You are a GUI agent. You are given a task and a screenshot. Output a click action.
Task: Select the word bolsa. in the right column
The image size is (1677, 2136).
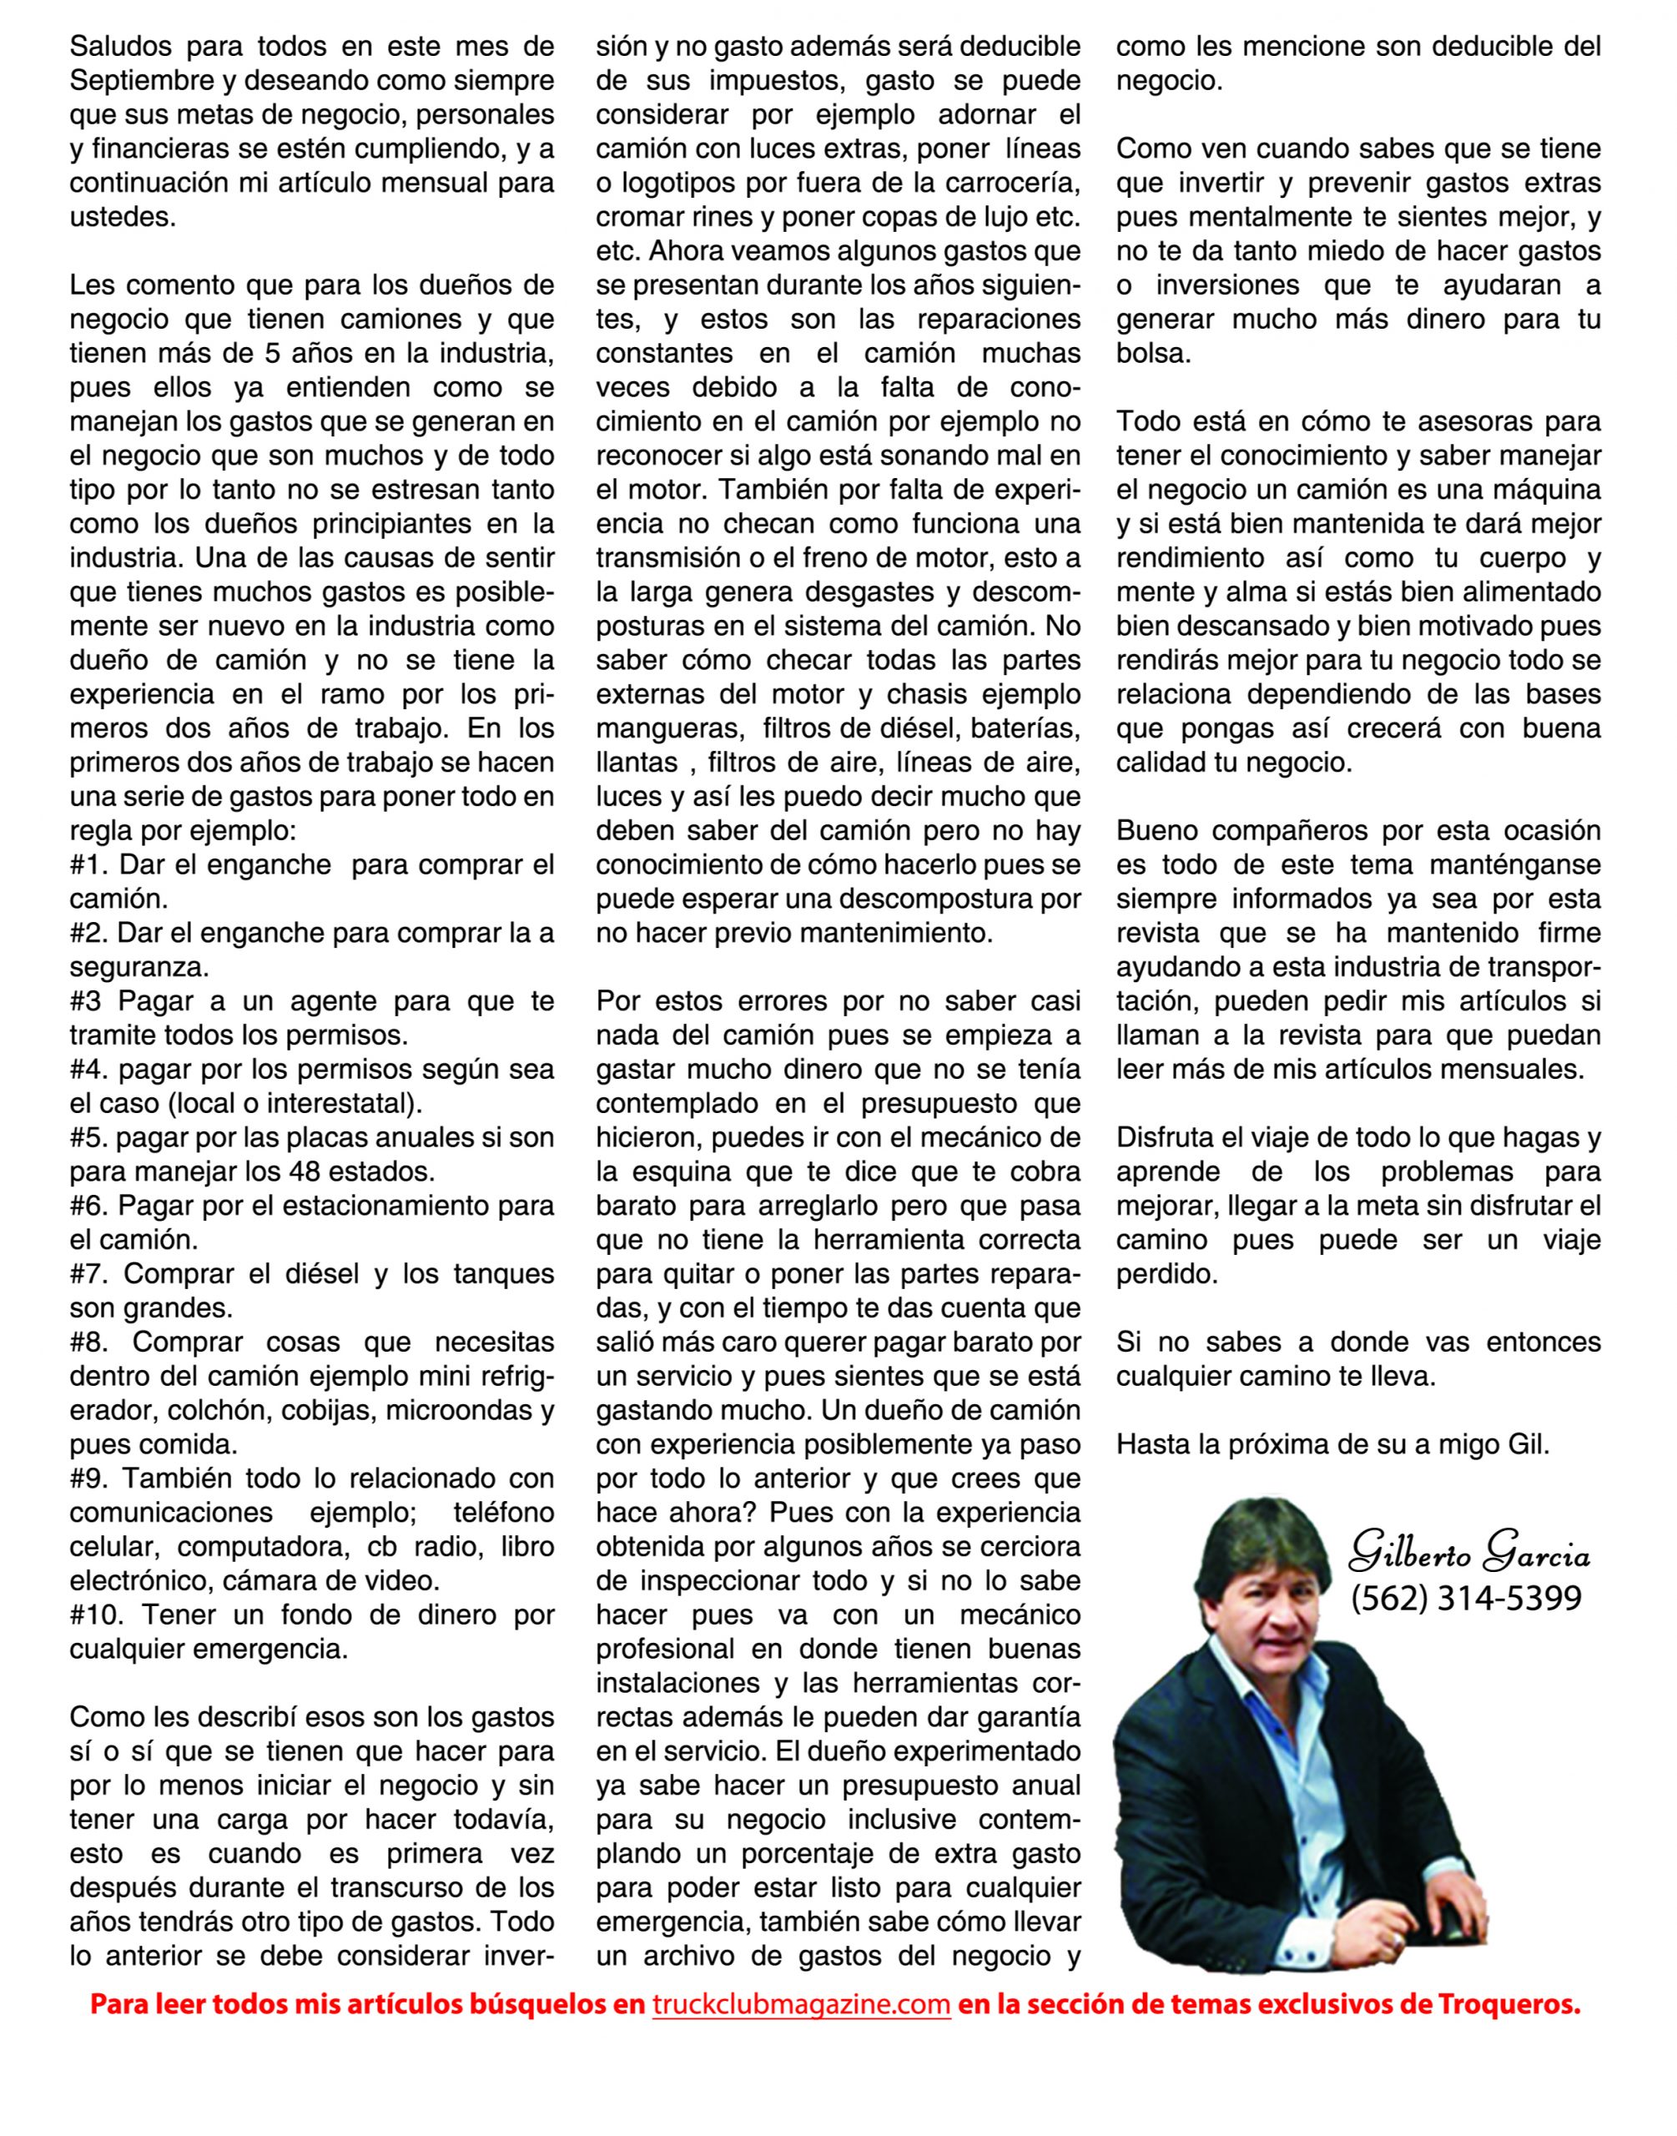(1154, 354)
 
